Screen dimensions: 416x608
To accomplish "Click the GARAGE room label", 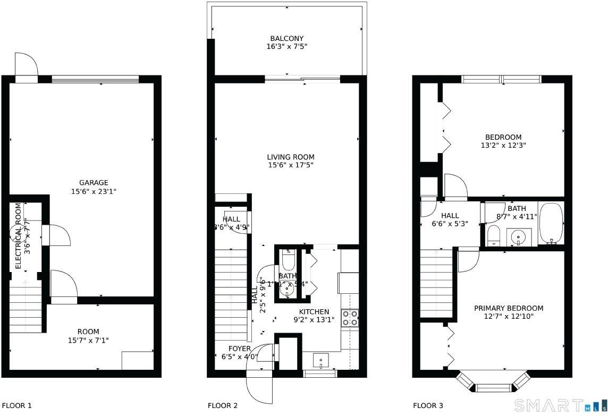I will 94,183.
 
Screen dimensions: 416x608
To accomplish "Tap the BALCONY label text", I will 287,38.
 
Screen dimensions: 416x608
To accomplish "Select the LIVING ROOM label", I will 291,157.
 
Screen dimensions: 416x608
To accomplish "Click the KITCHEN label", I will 314,312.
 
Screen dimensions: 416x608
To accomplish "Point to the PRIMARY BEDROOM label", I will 509,308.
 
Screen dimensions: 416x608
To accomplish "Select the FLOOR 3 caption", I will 428,406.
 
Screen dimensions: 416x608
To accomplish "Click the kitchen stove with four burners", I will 350,318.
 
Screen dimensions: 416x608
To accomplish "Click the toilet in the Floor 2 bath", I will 288,261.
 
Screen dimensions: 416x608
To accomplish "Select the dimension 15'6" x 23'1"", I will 94,191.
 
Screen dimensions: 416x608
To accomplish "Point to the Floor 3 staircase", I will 436,282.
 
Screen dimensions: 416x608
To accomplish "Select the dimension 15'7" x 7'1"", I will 88,340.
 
